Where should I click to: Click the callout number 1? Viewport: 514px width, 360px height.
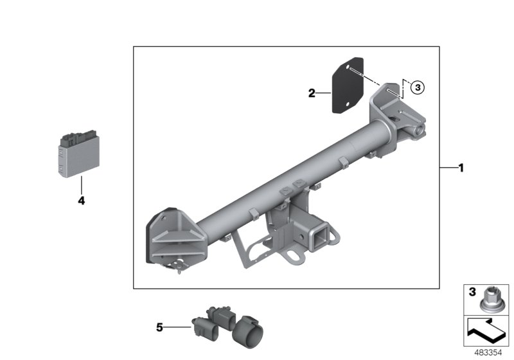[x=460, y=168]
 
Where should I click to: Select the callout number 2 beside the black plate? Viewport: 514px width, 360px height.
[x=312, y=94]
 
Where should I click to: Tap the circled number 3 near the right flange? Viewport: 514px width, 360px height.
[x=417, y=87]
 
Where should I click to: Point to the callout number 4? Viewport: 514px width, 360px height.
[x=81, y=201]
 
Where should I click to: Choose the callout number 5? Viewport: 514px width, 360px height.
[x=160, y=327]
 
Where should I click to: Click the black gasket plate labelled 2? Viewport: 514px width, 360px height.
[x=347, y=91]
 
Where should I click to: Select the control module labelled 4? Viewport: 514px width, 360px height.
[x=78, y=154]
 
